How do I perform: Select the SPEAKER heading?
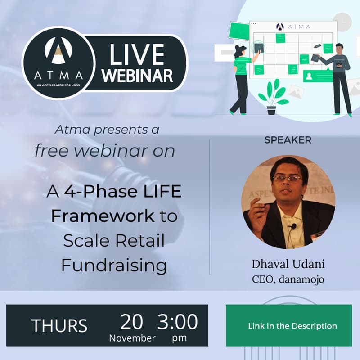[x=288, y=140]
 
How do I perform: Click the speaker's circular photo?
[x=288, y=202]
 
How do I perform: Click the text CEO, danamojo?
[x=288, y=279]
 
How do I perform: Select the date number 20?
[x=131, y=322]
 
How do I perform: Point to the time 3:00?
[x=178, y=322]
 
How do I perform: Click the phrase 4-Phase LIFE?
[x=122, y=193]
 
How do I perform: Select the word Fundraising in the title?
[x=114, y=265]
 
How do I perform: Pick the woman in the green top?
[x=242, y=79]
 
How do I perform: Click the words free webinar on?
[x=104, y=151]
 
